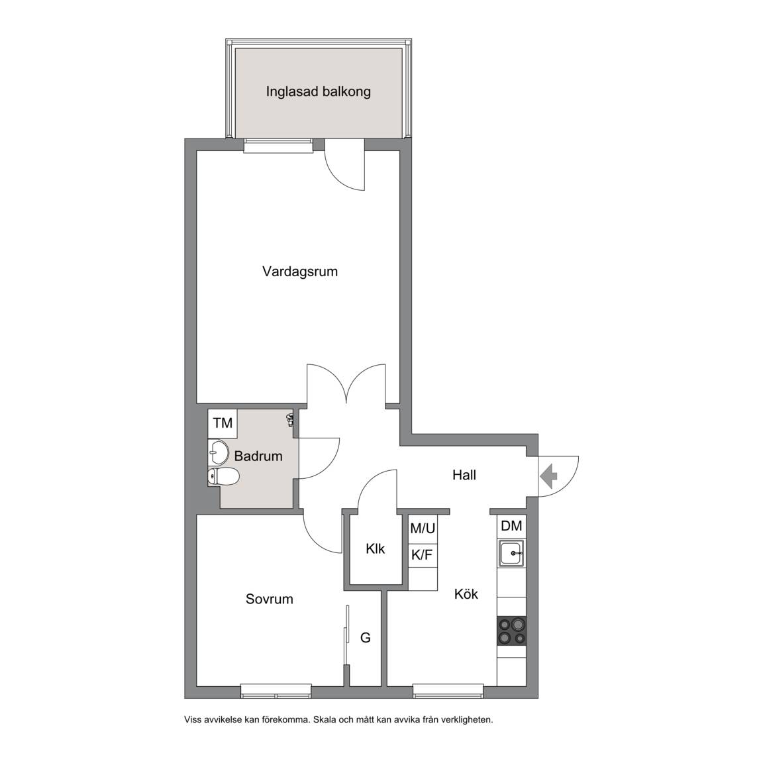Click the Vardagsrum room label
[300, 272]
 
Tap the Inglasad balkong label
[318, 91]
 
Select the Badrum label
[258, 456]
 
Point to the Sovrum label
[269, 599]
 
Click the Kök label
[466, 593]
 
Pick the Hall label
[464, 475]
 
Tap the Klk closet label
[375, 549]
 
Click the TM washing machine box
[223, 423]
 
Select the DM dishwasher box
[511, 526]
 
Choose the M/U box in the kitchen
[423, 529]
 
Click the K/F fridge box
[423, 555]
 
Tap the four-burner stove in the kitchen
[511, 631]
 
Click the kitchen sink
[511, 553]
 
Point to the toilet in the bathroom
[223, 477]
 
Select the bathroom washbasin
[219, 452]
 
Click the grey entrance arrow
[549, 476]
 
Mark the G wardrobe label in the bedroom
[366, 637]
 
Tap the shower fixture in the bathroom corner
[291, 419]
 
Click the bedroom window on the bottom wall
[276, 691]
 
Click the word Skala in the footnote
[325, 720]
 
